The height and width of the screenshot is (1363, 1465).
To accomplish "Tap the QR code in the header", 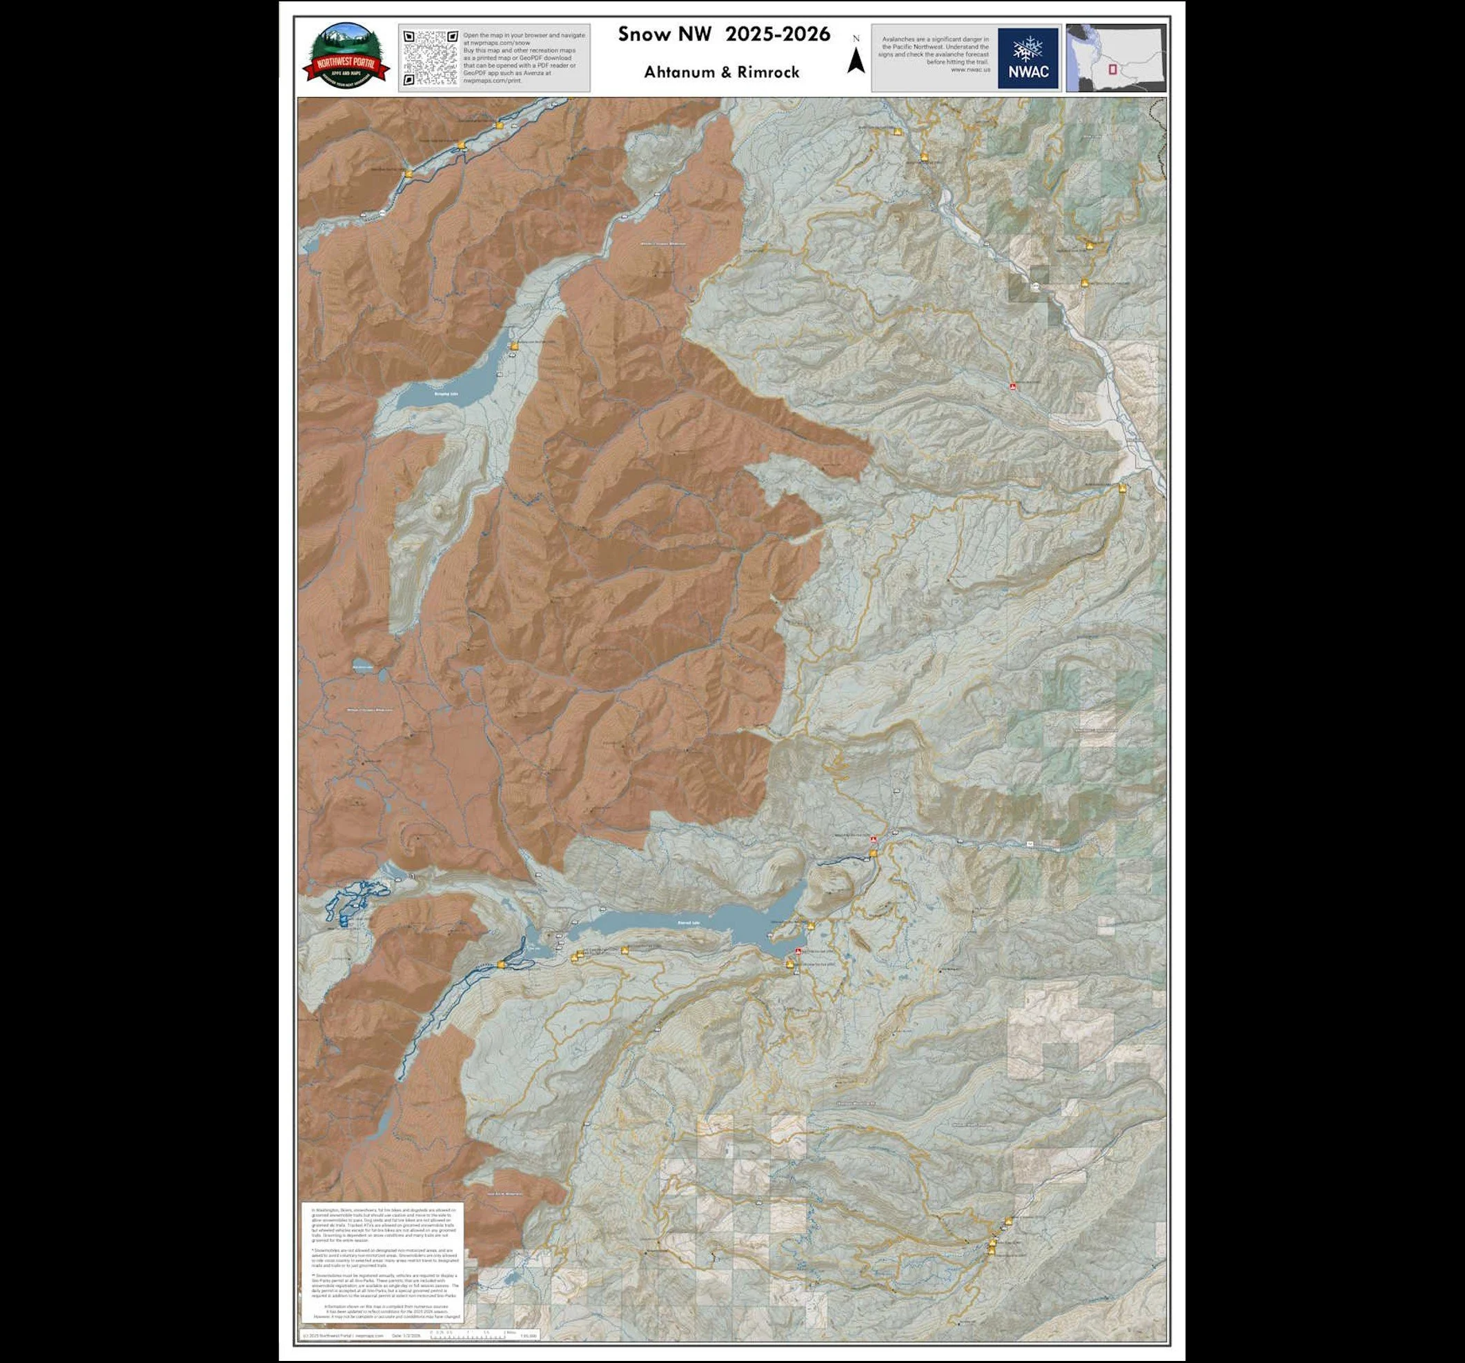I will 431,57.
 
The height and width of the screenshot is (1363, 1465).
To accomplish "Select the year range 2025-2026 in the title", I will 778,34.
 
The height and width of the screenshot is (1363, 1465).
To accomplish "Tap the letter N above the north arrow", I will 856,39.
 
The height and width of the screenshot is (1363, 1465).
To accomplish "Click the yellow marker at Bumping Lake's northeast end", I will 514,345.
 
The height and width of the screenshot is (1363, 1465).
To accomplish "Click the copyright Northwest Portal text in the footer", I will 342,1335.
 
